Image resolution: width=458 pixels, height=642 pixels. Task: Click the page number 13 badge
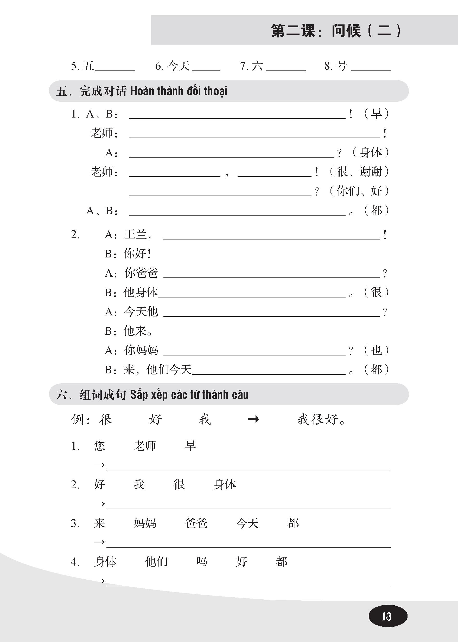point(387,616)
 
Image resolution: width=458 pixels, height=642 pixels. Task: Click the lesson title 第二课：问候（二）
point(336,31)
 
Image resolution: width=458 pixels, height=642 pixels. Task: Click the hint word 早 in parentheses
point(376,114)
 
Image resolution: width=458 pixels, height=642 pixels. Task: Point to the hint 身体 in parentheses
point(371,152)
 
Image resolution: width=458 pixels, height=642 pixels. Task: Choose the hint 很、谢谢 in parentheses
point(359,172)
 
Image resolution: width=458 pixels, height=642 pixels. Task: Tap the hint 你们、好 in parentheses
point(359,191)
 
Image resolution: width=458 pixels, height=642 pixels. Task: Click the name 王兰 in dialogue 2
point(136,235)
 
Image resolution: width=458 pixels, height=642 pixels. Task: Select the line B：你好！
point(128,254)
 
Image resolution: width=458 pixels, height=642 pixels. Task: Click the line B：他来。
point(128,331)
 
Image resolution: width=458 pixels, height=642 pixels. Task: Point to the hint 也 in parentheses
point(376,350)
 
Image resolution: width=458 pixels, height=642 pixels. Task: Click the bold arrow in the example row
point(253,420)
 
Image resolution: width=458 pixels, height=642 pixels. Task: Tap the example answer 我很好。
point(321,419)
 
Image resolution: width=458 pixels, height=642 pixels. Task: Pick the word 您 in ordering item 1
point(99,446)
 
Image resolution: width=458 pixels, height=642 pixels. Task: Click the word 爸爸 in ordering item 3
point(196,523)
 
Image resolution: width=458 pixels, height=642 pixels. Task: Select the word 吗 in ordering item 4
point(202,562)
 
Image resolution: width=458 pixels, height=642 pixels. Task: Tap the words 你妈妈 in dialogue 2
point(141,350)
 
